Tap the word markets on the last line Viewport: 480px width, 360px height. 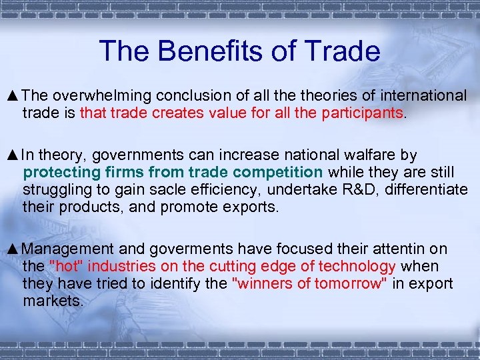click(53, 301)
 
